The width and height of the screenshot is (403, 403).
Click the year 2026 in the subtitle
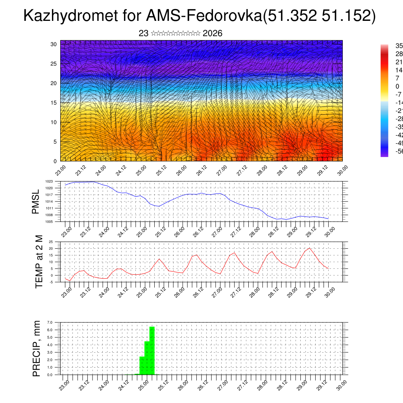[x=213, y=33]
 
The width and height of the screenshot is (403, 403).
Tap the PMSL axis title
[x=36, y=201]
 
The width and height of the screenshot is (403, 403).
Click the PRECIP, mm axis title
[x=37, y=348]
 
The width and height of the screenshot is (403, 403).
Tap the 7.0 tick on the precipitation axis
[x=50, y=322]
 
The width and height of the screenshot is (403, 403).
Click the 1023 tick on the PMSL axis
[x=49, y=181]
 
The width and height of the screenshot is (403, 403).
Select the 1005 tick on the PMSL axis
[x=49, y=222]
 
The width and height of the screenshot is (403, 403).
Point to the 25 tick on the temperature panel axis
[x=51, y=242]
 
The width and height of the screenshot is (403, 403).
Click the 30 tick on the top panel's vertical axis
[x=54, y=44]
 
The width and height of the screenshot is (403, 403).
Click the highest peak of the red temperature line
[x=310, y=248]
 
